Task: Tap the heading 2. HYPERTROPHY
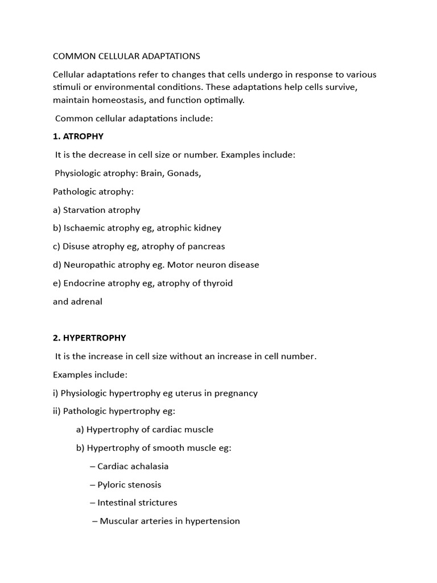click(89, 338)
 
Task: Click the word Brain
click(152, 173)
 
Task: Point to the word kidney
click(208, 228)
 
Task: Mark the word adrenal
click(86, 302)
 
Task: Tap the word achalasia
click(149, 466)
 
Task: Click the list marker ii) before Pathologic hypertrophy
click(57, 411)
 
